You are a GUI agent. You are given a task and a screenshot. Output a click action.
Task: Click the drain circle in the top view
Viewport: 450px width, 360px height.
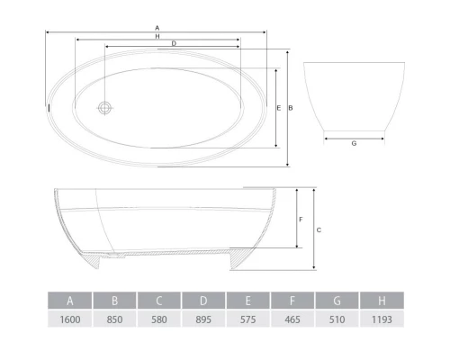(x=104, y=108)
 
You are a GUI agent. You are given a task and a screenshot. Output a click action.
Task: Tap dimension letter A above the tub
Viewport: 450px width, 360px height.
(x=157, y=28)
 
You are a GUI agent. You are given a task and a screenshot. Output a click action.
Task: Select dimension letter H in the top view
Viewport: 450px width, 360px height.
(x=157, y=36)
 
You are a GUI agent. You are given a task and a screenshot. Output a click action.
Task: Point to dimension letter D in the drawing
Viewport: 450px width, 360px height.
(x=174, y=43)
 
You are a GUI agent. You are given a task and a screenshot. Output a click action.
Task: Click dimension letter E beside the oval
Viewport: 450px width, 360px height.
(x=279, y=108)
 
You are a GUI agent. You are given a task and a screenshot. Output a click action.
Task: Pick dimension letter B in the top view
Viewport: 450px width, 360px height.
(x=291, y=108)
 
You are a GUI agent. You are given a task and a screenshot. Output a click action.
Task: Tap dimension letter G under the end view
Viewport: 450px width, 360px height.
(x=354, y=143)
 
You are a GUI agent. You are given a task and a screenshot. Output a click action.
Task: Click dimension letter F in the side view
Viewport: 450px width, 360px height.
(x=301, y=220)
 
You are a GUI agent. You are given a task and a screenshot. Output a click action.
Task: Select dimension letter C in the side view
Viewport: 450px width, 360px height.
(x=319, y=230)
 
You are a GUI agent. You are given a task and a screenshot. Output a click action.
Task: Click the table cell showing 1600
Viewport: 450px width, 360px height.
(x=70, y=319)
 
